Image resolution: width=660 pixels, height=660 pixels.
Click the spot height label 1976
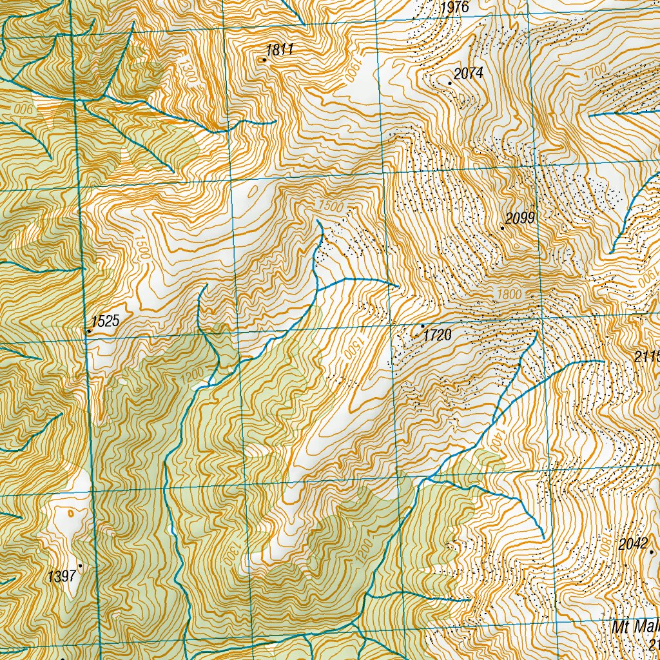(456, 8)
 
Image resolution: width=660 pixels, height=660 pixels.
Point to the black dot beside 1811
(264, 60)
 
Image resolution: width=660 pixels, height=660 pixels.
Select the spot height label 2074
(468, 73)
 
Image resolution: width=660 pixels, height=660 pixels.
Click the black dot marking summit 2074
(450, 83)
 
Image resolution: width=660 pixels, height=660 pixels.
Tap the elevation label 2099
(520, 218)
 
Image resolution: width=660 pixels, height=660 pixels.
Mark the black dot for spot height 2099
(502, 228)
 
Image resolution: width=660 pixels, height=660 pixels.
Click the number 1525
(105, 321)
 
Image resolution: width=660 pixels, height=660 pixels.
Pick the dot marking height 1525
(89, 331)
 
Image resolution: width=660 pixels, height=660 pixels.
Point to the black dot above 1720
(423, 326)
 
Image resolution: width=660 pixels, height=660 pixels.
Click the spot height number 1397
(62, 576)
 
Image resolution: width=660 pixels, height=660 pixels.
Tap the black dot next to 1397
(80, 566)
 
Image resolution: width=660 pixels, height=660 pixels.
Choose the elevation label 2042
(632, 544)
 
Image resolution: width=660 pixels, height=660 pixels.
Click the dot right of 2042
(652, 552)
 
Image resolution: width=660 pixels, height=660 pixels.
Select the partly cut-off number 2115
(647, 357)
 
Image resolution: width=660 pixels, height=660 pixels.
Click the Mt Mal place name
(636, 628)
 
